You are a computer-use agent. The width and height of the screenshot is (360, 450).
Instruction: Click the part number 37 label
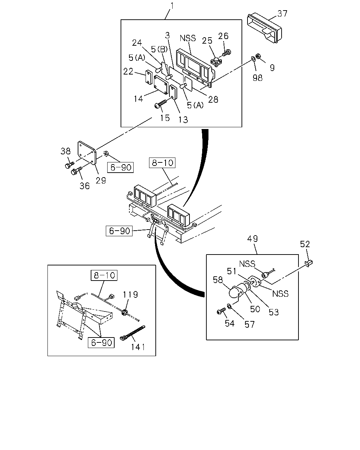click(282, 14)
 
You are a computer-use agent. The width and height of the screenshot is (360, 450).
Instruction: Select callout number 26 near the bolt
click(223, 36)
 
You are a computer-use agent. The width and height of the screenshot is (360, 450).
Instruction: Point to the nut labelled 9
click(258, 56)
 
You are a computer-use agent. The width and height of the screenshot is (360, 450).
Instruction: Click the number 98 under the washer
click(257, 78)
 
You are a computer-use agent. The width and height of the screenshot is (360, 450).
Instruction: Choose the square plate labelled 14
click(161, 85)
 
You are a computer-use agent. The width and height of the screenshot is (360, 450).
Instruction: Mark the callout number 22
click(128, 71)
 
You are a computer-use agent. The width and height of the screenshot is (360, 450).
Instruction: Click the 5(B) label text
click(159, 49)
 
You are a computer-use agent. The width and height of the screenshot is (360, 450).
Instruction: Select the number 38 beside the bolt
click(65, 151)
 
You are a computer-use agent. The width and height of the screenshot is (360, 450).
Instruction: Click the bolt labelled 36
click(76, 171)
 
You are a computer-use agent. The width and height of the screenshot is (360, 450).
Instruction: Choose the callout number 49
click(252, 239)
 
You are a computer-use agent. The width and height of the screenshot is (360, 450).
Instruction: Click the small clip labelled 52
click(309, 263)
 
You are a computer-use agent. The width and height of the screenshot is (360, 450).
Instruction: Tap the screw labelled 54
click(221, 311)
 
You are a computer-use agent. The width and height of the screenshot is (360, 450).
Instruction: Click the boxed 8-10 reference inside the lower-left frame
click(104, 275)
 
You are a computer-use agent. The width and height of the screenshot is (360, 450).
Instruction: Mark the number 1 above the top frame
click(172, 6)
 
